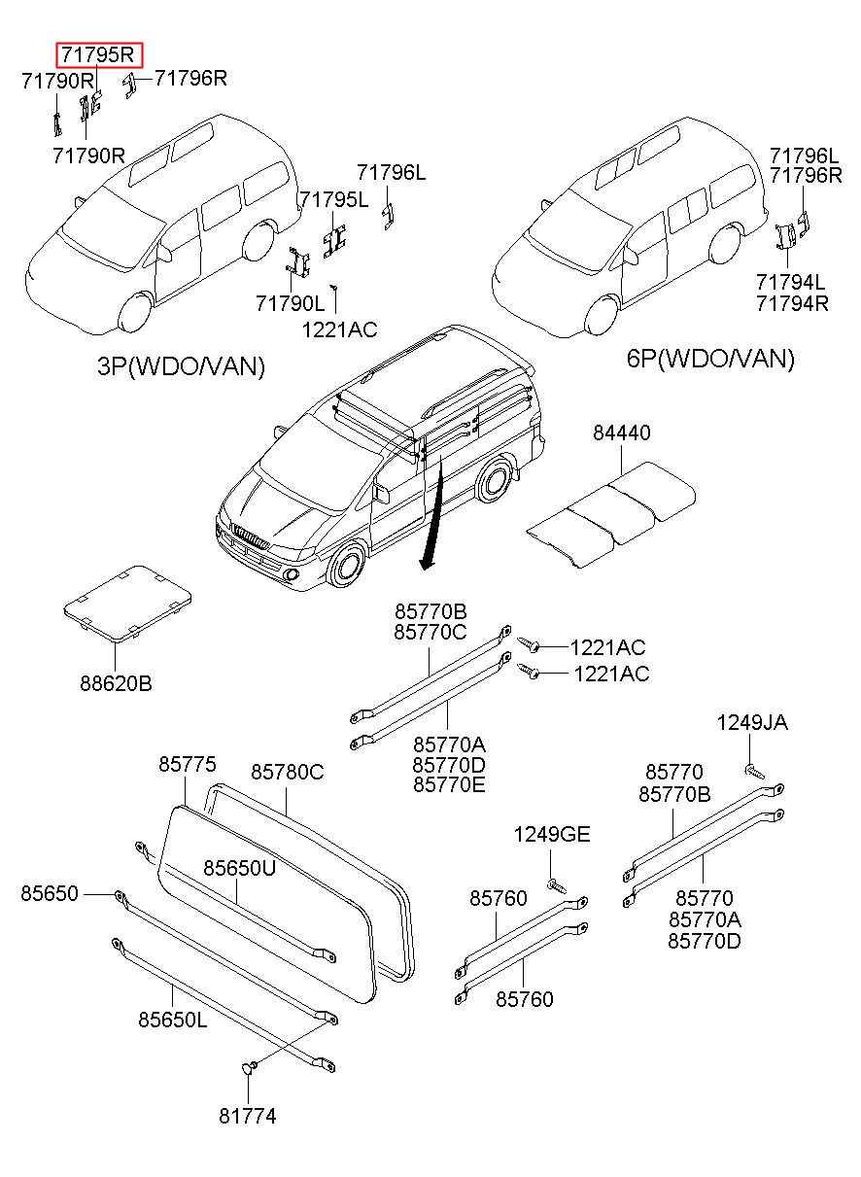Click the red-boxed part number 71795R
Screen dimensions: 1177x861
click(99, 55)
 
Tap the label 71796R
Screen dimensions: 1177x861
click(191, 78)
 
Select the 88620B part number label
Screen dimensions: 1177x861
click(116, 683)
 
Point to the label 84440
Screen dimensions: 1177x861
click(622, 433)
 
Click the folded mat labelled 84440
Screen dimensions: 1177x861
click(612, 510)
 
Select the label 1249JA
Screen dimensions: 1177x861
click(752, 722)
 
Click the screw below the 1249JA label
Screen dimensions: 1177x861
click(753, 771)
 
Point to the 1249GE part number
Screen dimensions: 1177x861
click(552, 835)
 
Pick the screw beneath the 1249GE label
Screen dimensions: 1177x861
click(554, 885)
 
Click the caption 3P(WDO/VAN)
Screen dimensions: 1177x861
click(181, 366)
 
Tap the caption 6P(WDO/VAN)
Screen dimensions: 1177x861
click(710, 359)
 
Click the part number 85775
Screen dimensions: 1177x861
click(188, 765)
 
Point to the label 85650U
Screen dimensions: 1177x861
click(239, 868)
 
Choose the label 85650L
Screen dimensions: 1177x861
click(172, 1020)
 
